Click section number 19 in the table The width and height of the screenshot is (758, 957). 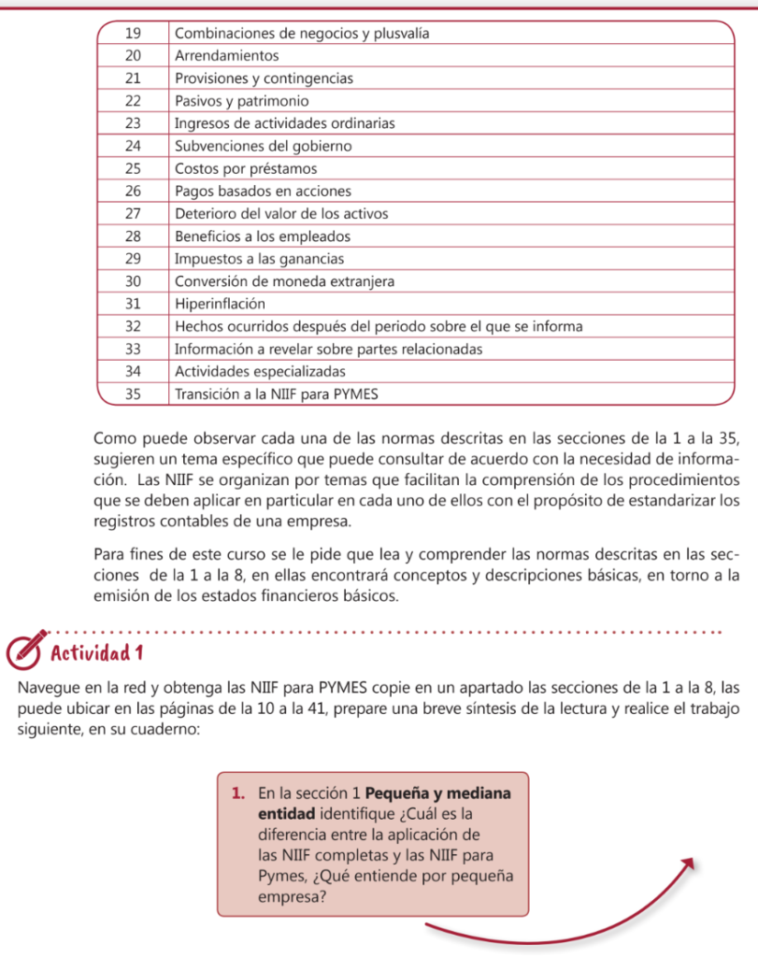click(x=132, y=34)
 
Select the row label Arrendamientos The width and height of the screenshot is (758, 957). click(x=226, y=56)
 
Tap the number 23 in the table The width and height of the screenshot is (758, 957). click(x=132, y=123)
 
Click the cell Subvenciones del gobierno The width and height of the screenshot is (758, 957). click(x=263, y=146)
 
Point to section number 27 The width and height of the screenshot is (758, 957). click(x=132, y=213)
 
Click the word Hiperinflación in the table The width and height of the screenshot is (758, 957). click(x=220, y=303)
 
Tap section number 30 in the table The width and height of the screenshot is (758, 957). click(x=132, y=280)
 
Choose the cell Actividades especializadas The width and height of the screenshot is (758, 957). click(x=254, y=371)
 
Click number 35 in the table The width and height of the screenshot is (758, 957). click(x=132, y=393)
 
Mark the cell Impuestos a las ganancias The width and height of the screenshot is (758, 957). click(x=260, y=258)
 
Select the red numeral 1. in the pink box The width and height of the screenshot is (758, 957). click(x=237, y=794)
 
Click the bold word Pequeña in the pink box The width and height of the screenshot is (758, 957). click(x=401, y=794)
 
